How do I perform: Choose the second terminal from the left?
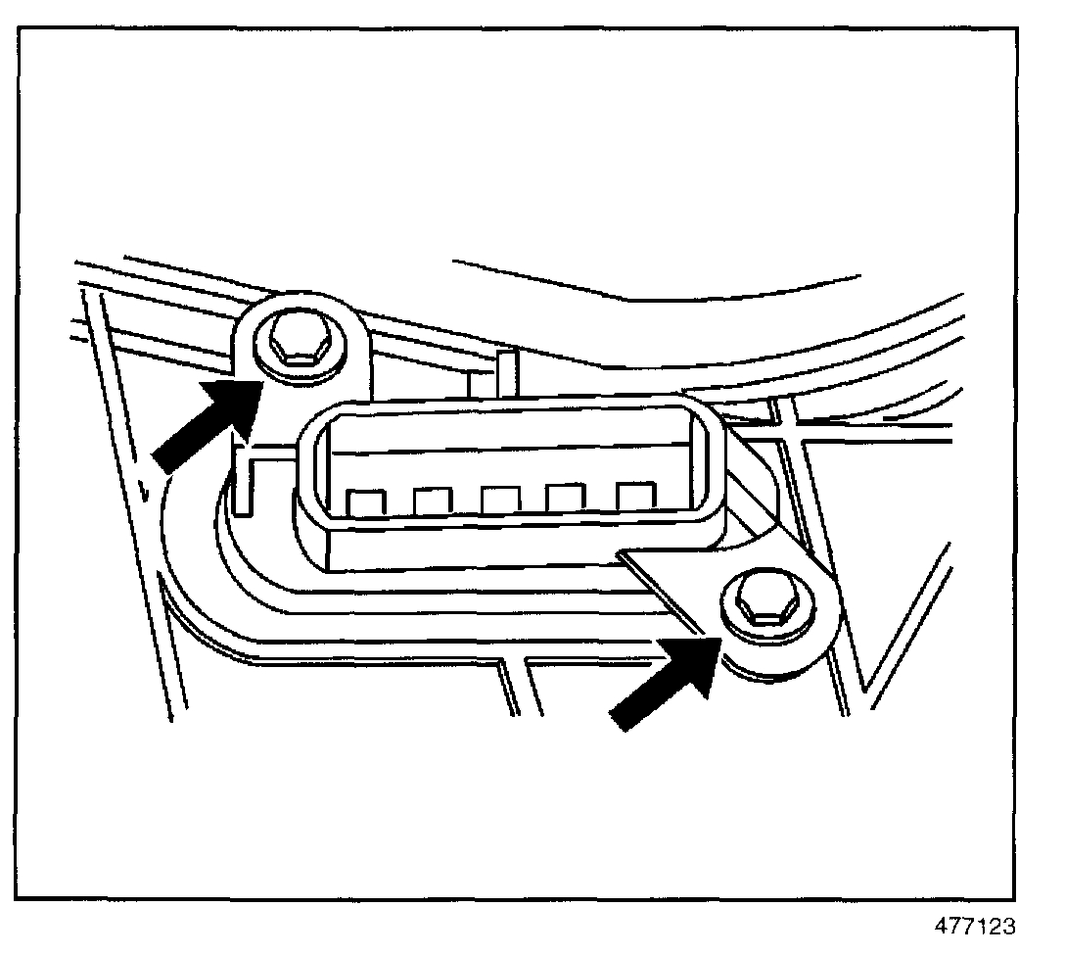coord(431,501)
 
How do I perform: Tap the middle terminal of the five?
coord(499,500)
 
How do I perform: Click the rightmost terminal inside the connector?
coord(634,496)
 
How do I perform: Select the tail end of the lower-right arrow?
coord(619,719)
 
